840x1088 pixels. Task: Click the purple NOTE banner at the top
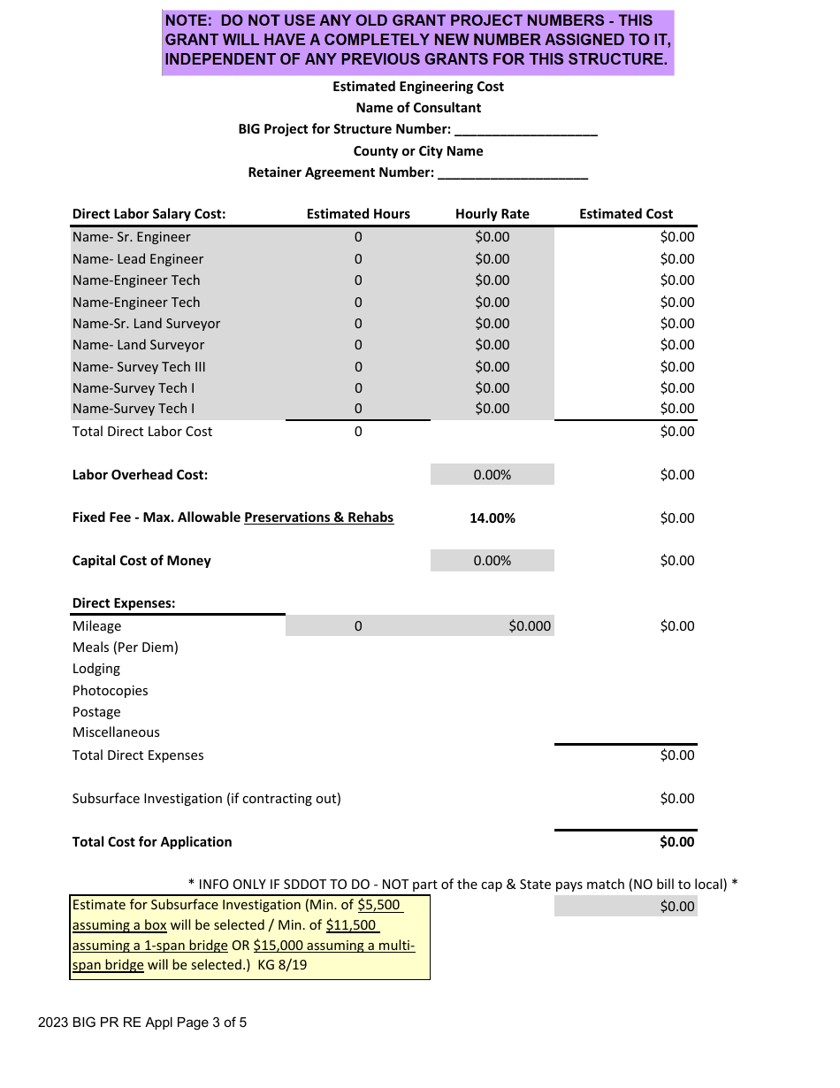click(417, 41)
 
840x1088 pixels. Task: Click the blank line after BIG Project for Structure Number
click(526, 131)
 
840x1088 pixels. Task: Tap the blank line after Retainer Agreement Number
click(513, 174)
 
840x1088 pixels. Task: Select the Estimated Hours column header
click(358, 214)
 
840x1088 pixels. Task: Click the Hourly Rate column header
click(492, 214)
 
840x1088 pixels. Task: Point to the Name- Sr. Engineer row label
click(131, 237)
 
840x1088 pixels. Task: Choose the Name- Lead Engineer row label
click(138, 259)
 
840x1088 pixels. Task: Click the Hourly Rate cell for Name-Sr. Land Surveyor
click(492, 324)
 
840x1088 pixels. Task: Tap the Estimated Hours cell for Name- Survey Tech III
click(358, 367)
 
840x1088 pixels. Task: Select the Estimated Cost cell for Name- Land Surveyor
click(677, 345)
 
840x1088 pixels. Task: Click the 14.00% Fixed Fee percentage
click(492, 518)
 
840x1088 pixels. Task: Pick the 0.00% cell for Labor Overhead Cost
click(492, 475)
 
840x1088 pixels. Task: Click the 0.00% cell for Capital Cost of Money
click(492, 561)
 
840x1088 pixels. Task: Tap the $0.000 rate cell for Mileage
click(529, 626)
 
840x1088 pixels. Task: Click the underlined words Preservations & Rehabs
click(318, 517)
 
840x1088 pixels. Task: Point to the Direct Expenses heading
click(124, 603)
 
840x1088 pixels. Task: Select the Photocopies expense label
click(111, 691)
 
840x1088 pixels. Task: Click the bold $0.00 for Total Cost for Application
click(676, 842)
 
